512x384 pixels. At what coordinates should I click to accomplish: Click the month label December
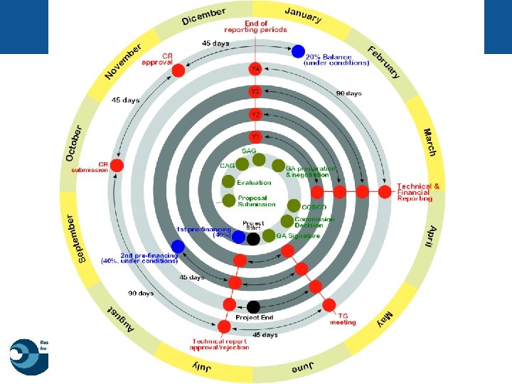pyautogui.click(x=203, y=16)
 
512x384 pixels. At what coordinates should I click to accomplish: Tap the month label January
pyautogui.click(x=303, y=15)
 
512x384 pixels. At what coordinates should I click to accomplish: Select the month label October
pyautogui.click(x=73, y=143)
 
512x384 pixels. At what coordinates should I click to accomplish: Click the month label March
pyautogui.click(x=430, y=142)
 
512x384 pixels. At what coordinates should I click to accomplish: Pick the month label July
pyautogui.click(x=204, y=367)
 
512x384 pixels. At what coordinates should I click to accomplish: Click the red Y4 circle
pyautogui.click(x=255, y=69)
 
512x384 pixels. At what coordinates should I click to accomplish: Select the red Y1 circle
pyautogui.click(x=255, y=136)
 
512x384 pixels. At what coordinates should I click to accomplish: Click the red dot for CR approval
pyautogui.click(x=178, y=70)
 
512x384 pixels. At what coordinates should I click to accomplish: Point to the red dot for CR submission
pyautogui.click(x=118, y=166)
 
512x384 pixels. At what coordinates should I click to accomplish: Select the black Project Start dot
pyautogui.click(x=253, y=239)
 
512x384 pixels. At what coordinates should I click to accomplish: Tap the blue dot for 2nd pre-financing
pyautogui.click(x=178, y=246)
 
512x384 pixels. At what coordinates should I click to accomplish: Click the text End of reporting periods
pyautogui.click(x=255, y=26)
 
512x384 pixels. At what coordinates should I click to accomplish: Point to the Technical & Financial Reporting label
pyautogui.click(x=418, y=192)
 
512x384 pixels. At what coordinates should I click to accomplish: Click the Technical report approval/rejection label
pyautogui.click(x=220, y=344)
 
